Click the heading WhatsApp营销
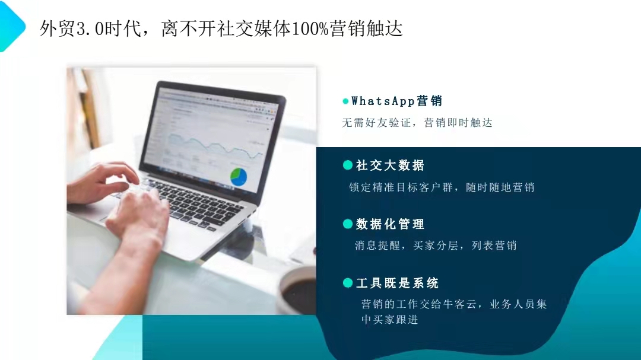pyautogui.click(x=396, y=101)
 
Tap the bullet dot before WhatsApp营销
pyautogui.click(x=345, y=101)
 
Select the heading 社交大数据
pyautogui.click(x=390, y=165)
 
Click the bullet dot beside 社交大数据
pyautogui.click(x=347, y=165)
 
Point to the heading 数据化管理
pyautogui.click(x=390, y=224)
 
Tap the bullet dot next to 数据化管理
pyautogui.click(x=347, y=224)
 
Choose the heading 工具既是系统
pyautogui.click(x=397, y=283)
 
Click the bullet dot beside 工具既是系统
pyautogui.click(x=347, y=283)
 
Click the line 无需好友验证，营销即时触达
pyautogui.click(x=417, y=123)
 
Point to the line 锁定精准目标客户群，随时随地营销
pyautogui.click(x=442, y=187)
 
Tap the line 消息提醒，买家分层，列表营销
pyautogui.click(x=436, y=245)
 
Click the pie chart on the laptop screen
pyautogui.click(x=239, y=177)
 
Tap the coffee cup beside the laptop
pyautogui.click(x=296, y=290)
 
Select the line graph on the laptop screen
pyautogui.click(x=215, y=148)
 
